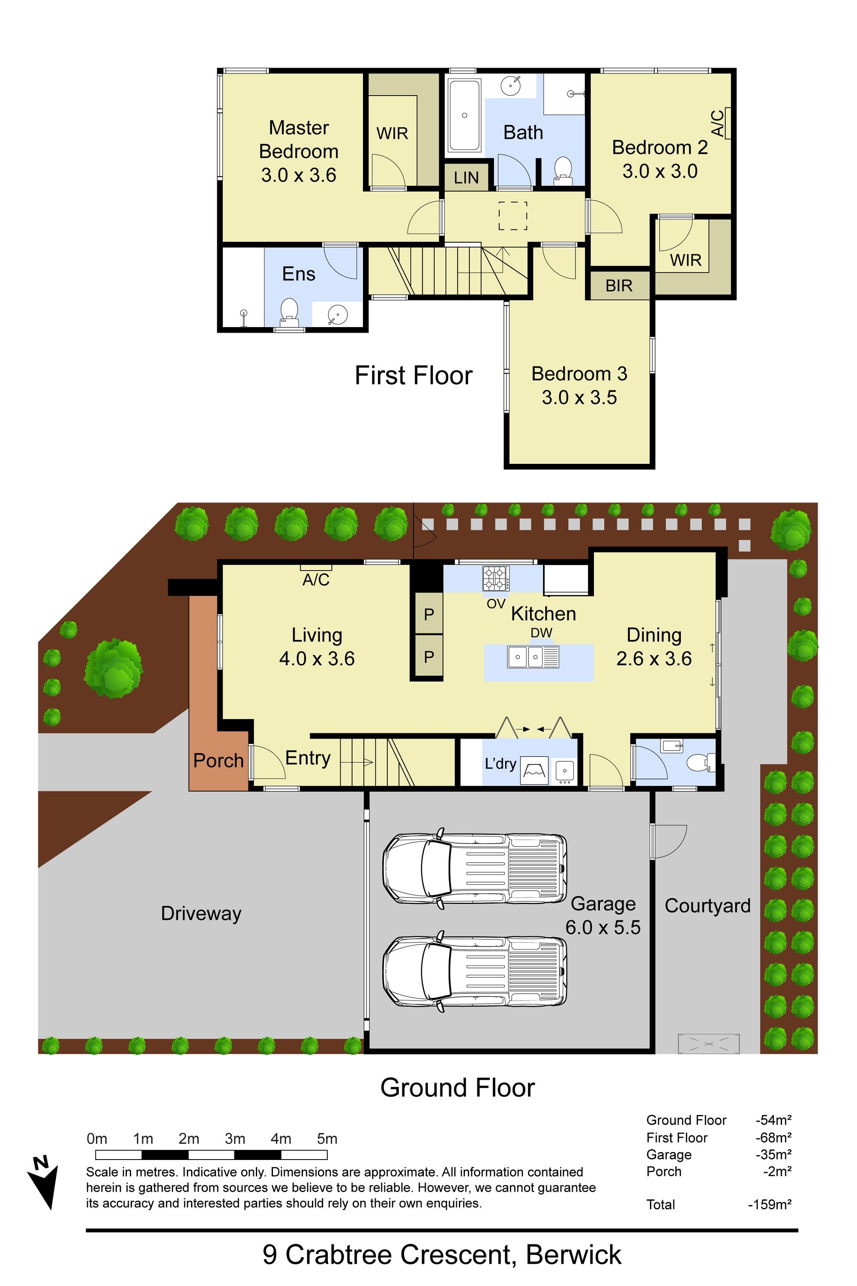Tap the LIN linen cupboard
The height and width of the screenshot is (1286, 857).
466,177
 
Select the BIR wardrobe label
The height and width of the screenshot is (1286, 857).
619,285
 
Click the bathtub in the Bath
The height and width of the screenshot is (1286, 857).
464,115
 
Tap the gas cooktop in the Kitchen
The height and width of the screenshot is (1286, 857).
496,578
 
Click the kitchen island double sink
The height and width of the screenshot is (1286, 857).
533,657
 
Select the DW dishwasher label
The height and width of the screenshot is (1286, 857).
541,633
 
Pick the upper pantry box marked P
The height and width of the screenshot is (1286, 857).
429,614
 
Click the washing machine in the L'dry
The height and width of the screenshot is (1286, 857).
534,770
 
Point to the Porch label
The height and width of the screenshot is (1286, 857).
218,760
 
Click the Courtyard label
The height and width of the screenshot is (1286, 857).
707,905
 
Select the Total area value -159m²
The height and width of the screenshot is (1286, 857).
770,1205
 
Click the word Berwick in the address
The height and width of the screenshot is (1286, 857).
573,1255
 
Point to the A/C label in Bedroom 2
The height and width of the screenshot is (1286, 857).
717,123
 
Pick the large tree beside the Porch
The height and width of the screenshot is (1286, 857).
114,668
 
